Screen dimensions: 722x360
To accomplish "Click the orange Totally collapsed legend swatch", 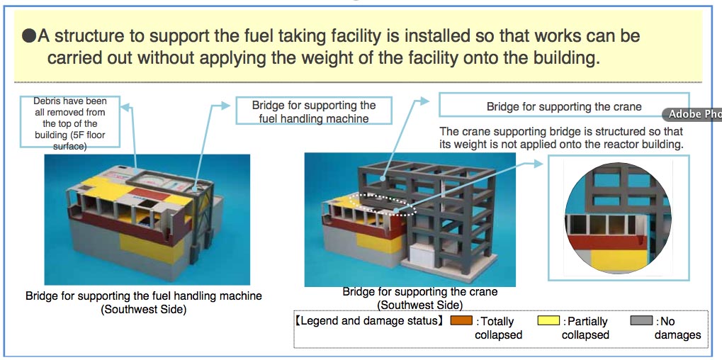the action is (461, 320).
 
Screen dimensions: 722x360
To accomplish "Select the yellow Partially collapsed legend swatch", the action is (548, 320).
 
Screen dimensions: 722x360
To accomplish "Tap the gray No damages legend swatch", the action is (641, 320).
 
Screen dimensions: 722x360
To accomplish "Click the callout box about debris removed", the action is (70, 122).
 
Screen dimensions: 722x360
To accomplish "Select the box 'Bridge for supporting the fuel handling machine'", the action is (314, 111).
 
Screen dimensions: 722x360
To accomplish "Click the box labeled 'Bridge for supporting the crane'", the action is (563, 106).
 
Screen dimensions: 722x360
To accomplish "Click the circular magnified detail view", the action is (617, 218).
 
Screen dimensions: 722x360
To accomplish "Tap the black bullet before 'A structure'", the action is (29, 36).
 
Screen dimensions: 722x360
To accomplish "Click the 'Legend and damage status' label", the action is (369, 320).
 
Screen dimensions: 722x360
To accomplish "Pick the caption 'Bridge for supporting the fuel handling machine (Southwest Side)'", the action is (144, 303).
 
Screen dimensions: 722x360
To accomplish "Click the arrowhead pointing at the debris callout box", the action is (124, 107).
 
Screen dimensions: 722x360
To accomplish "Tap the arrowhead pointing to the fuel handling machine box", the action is (225, 106).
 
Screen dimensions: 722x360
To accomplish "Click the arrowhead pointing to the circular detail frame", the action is (538, 163).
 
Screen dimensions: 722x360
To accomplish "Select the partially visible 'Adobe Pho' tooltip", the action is (692, 115).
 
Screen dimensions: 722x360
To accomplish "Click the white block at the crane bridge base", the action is (423, 254).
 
